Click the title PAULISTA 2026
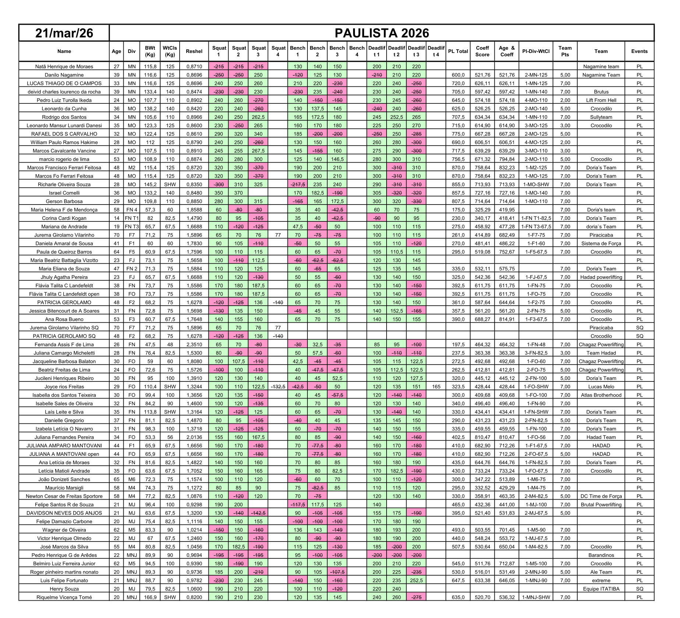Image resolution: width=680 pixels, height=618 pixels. point(382,33)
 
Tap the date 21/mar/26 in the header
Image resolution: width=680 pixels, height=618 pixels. point(64,33)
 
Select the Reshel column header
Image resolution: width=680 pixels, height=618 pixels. point(194,51)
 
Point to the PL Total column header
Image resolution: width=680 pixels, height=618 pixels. point(458,51)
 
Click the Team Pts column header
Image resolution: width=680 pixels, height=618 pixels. point(565,51)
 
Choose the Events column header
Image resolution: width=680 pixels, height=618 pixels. point(639,51)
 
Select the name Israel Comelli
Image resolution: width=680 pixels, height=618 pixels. point(64,193)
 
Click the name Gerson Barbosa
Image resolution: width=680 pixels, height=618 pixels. point(64,201)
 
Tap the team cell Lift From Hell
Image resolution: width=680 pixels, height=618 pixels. point(601,100)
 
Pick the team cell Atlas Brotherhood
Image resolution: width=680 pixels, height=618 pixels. point(601,395)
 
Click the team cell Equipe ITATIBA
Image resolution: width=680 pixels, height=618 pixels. point(601,589)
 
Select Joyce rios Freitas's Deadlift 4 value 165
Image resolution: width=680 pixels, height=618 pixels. point(436,387)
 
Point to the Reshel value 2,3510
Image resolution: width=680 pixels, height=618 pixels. point(194,345)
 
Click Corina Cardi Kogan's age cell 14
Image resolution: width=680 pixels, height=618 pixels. point(116,218)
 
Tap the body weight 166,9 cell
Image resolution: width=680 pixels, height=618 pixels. point(150,597)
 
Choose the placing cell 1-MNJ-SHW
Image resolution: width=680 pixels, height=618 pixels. point(536,597)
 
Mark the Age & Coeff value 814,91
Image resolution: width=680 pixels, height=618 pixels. point(507,319)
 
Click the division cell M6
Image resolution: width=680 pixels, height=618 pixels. point(131,479)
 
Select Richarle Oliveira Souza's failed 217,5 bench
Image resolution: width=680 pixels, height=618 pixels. point(297,185)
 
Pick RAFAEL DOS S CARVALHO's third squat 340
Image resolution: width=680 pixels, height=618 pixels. point(258,134)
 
